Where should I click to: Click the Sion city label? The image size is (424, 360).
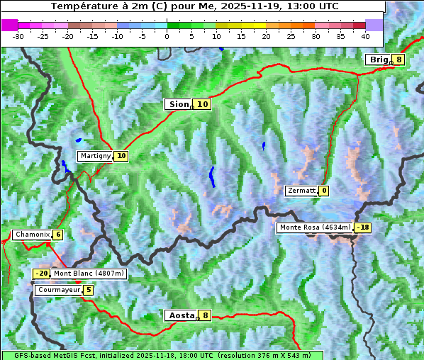click(178, 104)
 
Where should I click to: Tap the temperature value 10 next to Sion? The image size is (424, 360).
click(203, 104)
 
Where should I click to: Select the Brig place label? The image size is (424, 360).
click(379, 60)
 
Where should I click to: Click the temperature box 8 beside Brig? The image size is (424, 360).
click(399, 60)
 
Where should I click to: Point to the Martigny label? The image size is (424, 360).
click(95, 156)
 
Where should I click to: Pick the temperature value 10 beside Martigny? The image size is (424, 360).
click(121, 156)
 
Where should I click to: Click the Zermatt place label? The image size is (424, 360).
click(301, 191)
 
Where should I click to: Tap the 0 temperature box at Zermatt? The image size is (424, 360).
click(324, 191)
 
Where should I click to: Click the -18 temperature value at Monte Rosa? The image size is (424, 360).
click(363, 227)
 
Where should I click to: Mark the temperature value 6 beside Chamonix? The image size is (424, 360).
click(57, 235)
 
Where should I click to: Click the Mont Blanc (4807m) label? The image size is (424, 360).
click(89, 274)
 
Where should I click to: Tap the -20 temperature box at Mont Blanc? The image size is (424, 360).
click(42, 274)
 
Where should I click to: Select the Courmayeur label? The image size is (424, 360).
click(58, 290)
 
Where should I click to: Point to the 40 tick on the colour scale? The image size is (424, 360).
click(365, 35)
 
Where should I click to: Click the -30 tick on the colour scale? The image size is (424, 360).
click(18, 35)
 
